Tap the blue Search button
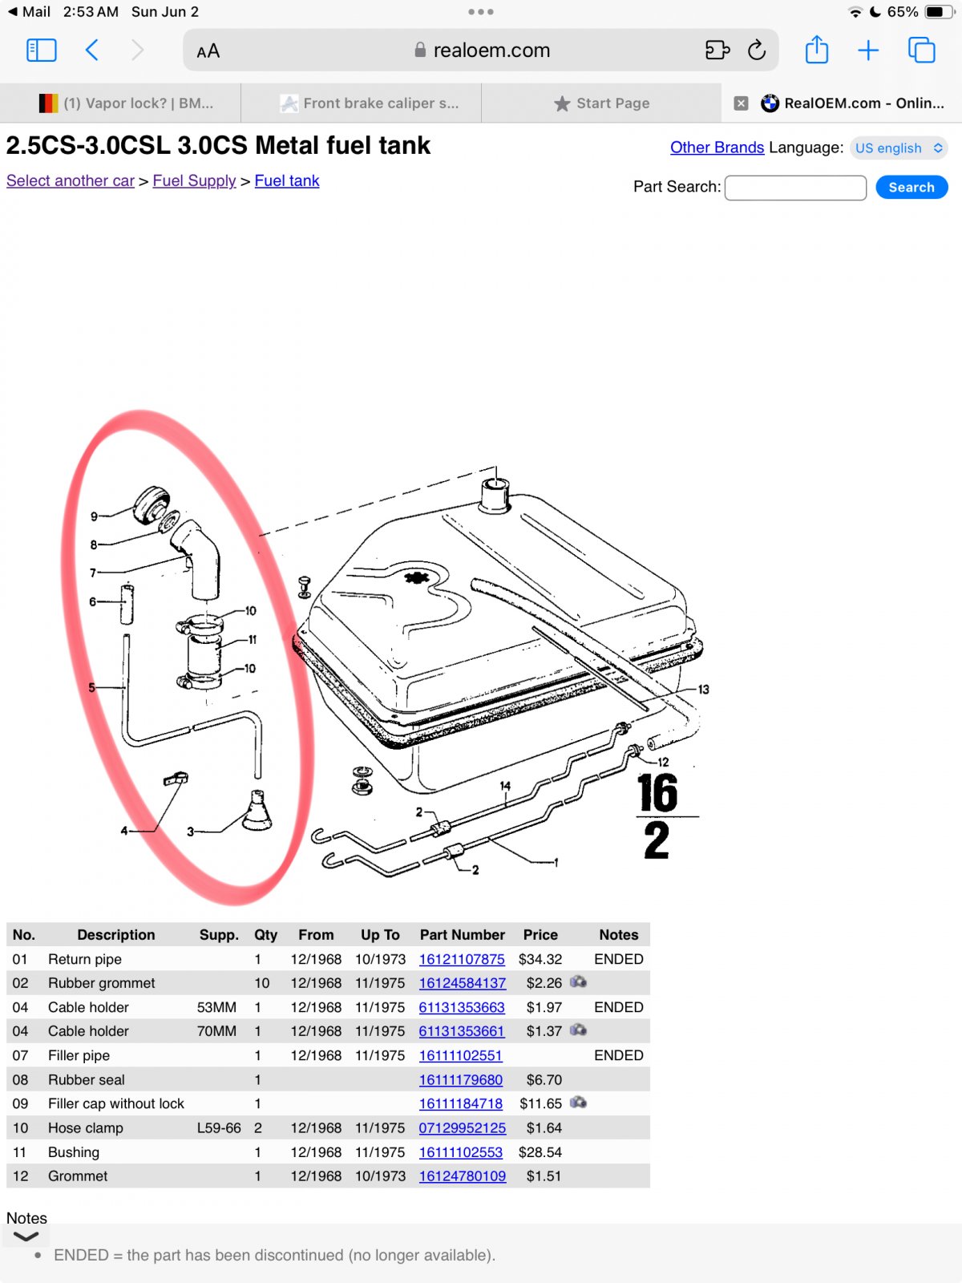(911, 187)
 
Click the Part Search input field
(795, 188)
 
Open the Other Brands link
(717, 148)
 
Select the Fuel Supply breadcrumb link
(194, 180)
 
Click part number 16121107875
(462, 958)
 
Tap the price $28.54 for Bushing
(540, 1151)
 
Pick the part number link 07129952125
(462, 1127)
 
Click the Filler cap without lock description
(115, 1103)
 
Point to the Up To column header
(380, 935)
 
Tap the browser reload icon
(757, 51)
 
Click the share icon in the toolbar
(816, 50)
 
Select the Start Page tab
(601, 103)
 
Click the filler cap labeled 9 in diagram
(152, 504)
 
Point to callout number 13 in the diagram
(703, 690)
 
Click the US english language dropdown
(899, 148)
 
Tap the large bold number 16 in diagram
(657, 792)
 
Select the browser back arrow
(91, 51)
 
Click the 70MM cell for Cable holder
(216, 1031)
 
